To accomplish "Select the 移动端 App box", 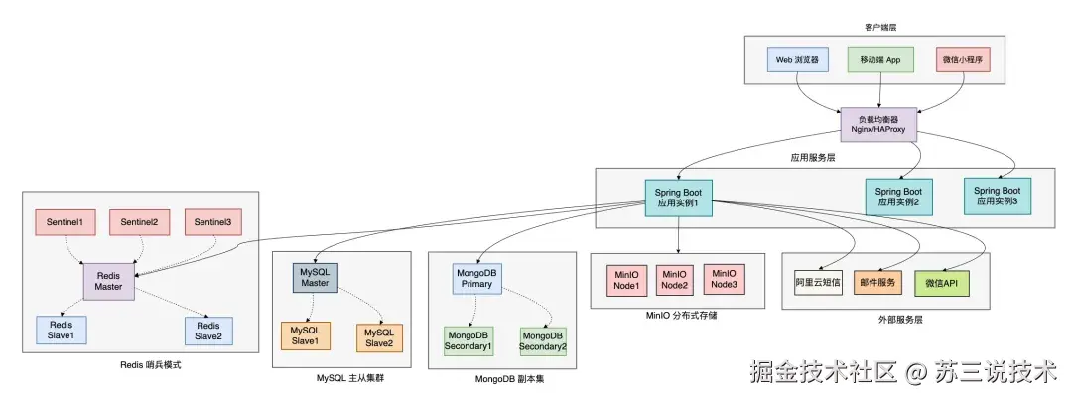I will [879, 60].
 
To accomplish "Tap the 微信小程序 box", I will [964, 60].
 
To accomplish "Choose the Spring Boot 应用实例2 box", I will [898, 197].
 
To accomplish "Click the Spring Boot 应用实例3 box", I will [997, 196].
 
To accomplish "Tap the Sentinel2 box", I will [140, 222].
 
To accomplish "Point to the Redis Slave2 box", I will [208, 331].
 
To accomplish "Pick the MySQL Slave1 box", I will [305, 337].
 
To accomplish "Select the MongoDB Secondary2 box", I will [543, 340].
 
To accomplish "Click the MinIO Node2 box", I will [675, 280].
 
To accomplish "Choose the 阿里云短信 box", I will [818, 284].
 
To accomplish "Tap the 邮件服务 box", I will [877, 284].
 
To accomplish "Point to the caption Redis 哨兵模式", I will [150, 366].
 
